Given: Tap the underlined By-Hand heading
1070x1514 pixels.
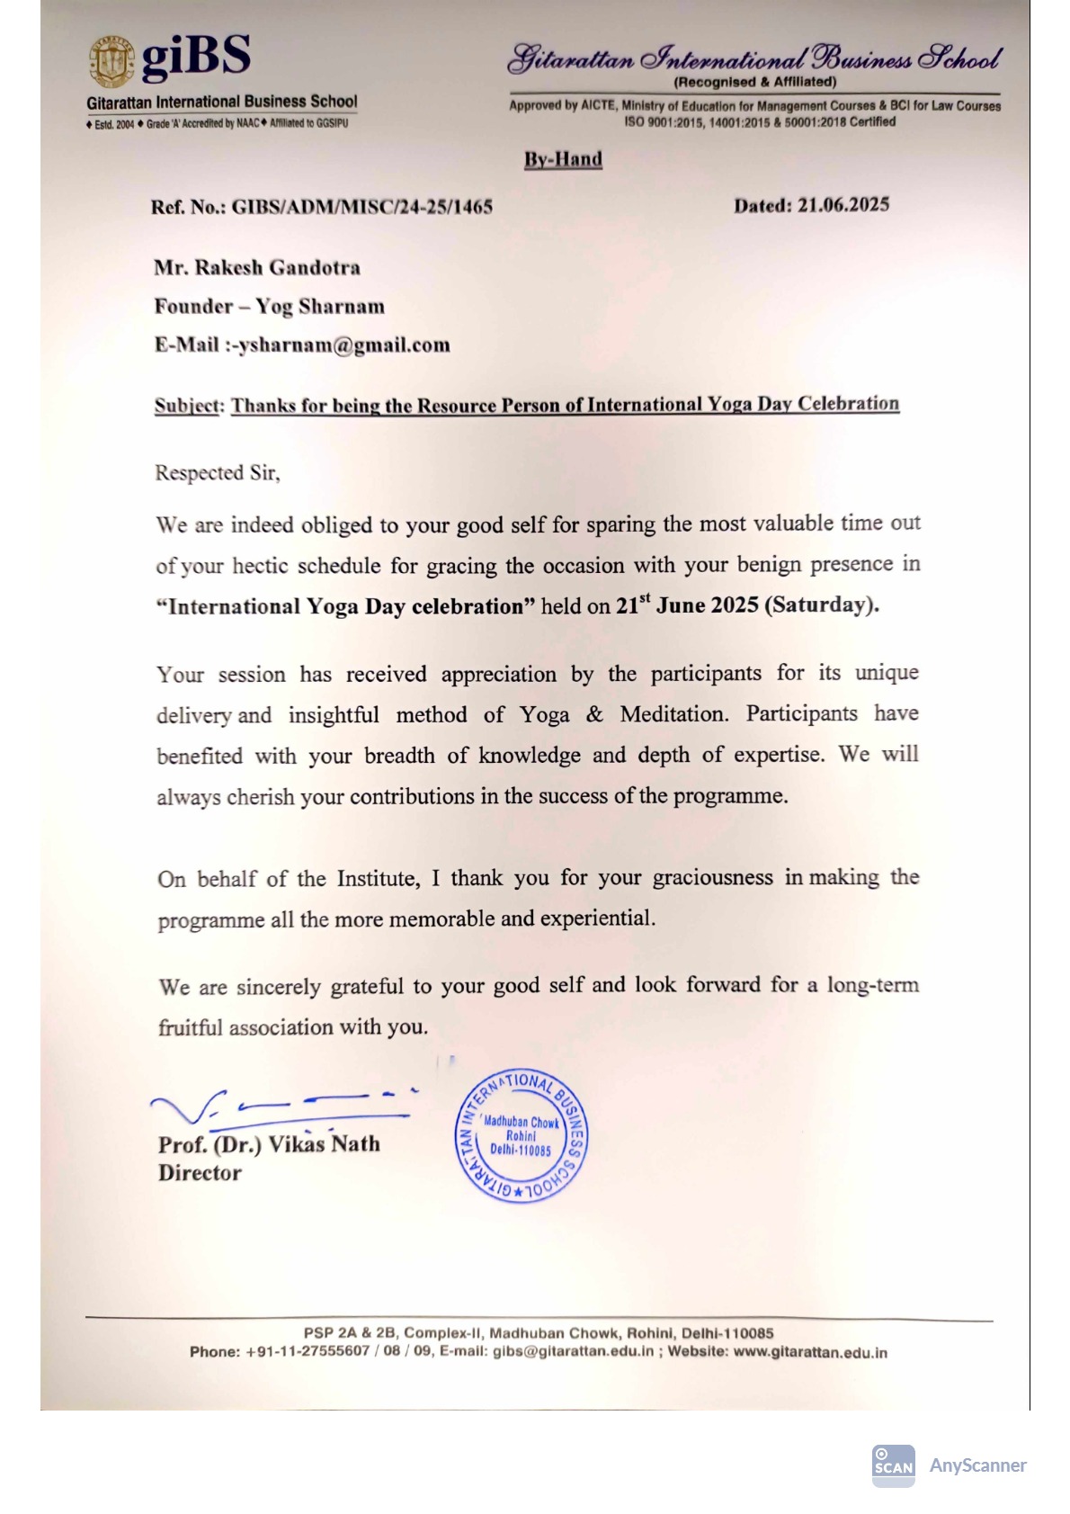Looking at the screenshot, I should pyautogui.click(x=563, y=159).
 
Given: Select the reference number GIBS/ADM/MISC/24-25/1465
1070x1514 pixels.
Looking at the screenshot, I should pyautogui.click(x=361, y=207).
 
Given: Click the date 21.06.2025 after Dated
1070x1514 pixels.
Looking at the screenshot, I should pyautogui.click(x=843, y=205).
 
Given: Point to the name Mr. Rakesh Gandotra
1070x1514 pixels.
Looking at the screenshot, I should pyautogui.click(x=257, y=267).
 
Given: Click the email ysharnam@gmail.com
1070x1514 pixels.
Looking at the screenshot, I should pyautogui.click(x=344, y=345).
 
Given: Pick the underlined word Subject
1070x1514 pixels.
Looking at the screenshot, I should pyautogui.click(x=187, y=406).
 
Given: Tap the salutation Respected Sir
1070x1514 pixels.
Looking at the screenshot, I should pyautogui.click(x=217, y=473).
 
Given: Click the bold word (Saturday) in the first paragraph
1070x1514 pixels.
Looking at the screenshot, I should pyautogui.click(x=821, y=605).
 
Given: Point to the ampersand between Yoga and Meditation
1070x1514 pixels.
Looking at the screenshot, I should pyautogui.click(x=594, y=715).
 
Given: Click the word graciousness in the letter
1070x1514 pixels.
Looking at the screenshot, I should pyautogui.click(x=712, y=878).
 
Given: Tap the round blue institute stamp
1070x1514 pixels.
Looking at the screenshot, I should pyautogui.click(x=522, y=1136).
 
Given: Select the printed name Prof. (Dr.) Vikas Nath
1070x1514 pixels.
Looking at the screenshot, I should pyautogui.click(x=269, y=1144).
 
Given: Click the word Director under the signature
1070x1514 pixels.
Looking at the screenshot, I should pyautogui.click(x=200, y=1173).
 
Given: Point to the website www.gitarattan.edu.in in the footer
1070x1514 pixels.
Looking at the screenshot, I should pyautogui.click(x=810, y=1352).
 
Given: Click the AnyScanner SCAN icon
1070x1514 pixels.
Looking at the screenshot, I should pyautogui.click(x=892, y=1465).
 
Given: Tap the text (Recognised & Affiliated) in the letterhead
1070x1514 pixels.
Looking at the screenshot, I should pyautogui.click(x=755, y=82).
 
